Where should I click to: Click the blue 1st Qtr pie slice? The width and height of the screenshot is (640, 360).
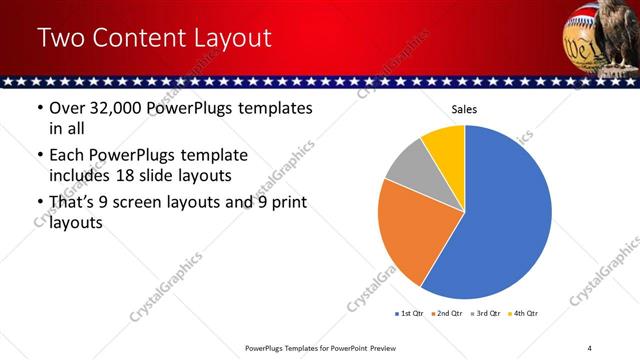pos(505,215)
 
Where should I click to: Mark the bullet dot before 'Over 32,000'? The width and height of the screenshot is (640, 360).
pos(40,109)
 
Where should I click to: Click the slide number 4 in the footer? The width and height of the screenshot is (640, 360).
pos(589,347)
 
